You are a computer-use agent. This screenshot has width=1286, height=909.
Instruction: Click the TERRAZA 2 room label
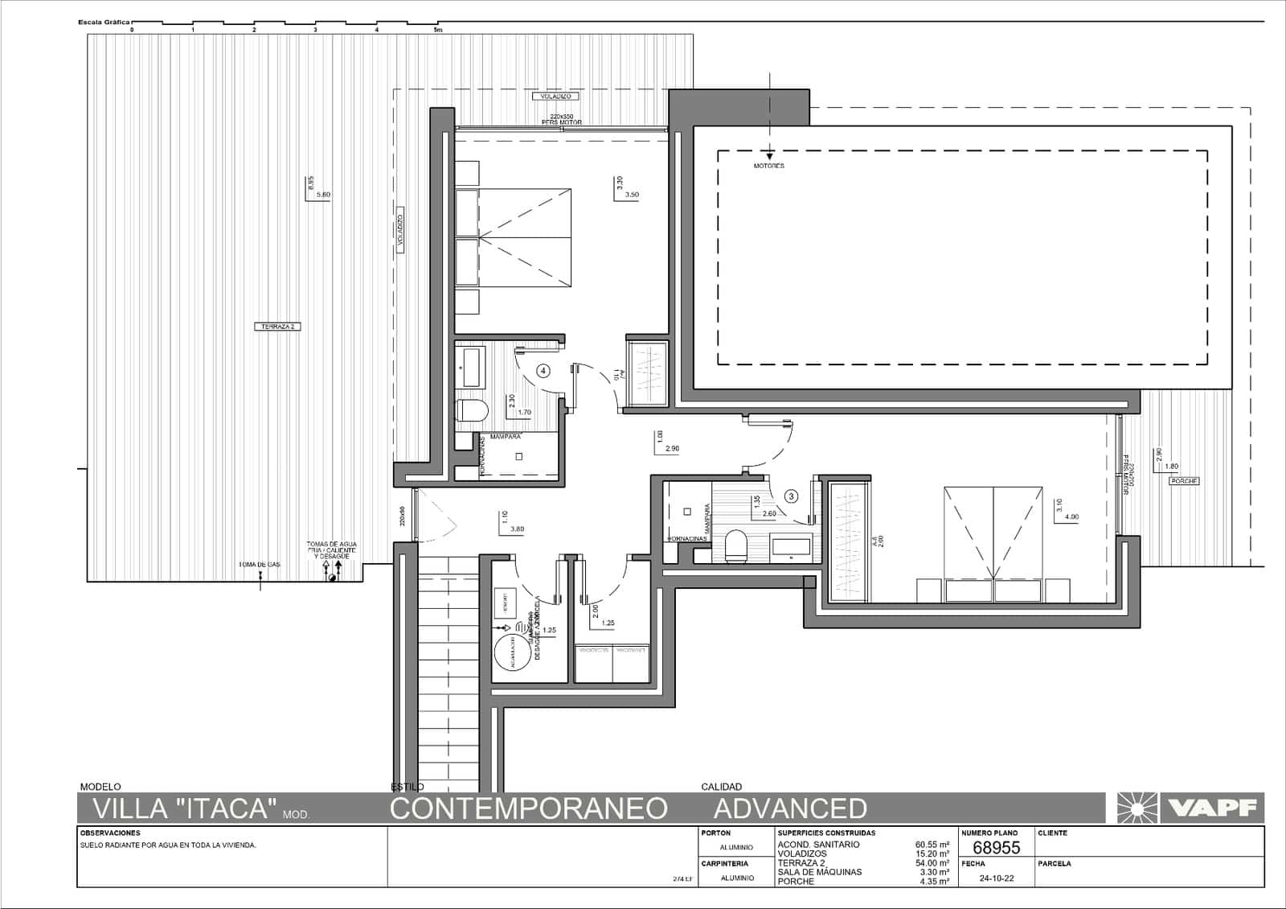click(277, 327)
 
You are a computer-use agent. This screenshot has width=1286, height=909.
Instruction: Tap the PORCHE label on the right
click(1184, 481)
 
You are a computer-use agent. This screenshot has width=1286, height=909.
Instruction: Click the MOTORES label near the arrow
click(769, 166)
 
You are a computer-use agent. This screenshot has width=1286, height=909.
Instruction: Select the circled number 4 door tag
click(544, 371)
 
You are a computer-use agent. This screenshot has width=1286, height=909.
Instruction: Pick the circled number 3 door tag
click(792, 496)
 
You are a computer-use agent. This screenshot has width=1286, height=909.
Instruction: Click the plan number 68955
click(996, 848)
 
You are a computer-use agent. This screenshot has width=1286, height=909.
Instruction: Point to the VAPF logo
click(1190, 808)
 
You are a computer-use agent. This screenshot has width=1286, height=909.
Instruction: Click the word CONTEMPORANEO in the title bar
click(528, 808)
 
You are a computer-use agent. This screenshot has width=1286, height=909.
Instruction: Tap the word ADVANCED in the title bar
click(790, 808)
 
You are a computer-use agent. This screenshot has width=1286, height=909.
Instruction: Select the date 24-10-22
click(997, 878)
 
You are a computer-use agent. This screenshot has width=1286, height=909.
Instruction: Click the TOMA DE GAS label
click(259, 565)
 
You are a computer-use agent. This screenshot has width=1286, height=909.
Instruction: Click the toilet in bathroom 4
click(473, 411)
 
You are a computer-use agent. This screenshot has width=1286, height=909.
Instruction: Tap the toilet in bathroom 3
click(736, 547)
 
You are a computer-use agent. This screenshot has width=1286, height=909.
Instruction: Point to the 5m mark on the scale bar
click(437, 30)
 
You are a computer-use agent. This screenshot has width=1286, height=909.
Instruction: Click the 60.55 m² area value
click(932, 845)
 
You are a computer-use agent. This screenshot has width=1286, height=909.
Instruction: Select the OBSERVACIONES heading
click(110, 833)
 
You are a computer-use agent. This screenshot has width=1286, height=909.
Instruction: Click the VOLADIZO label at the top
click(555, 97)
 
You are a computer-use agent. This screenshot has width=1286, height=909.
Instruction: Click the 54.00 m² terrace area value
click(932, 863)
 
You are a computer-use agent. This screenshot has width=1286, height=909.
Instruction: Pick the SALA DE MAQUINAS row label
click(819, 872)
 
